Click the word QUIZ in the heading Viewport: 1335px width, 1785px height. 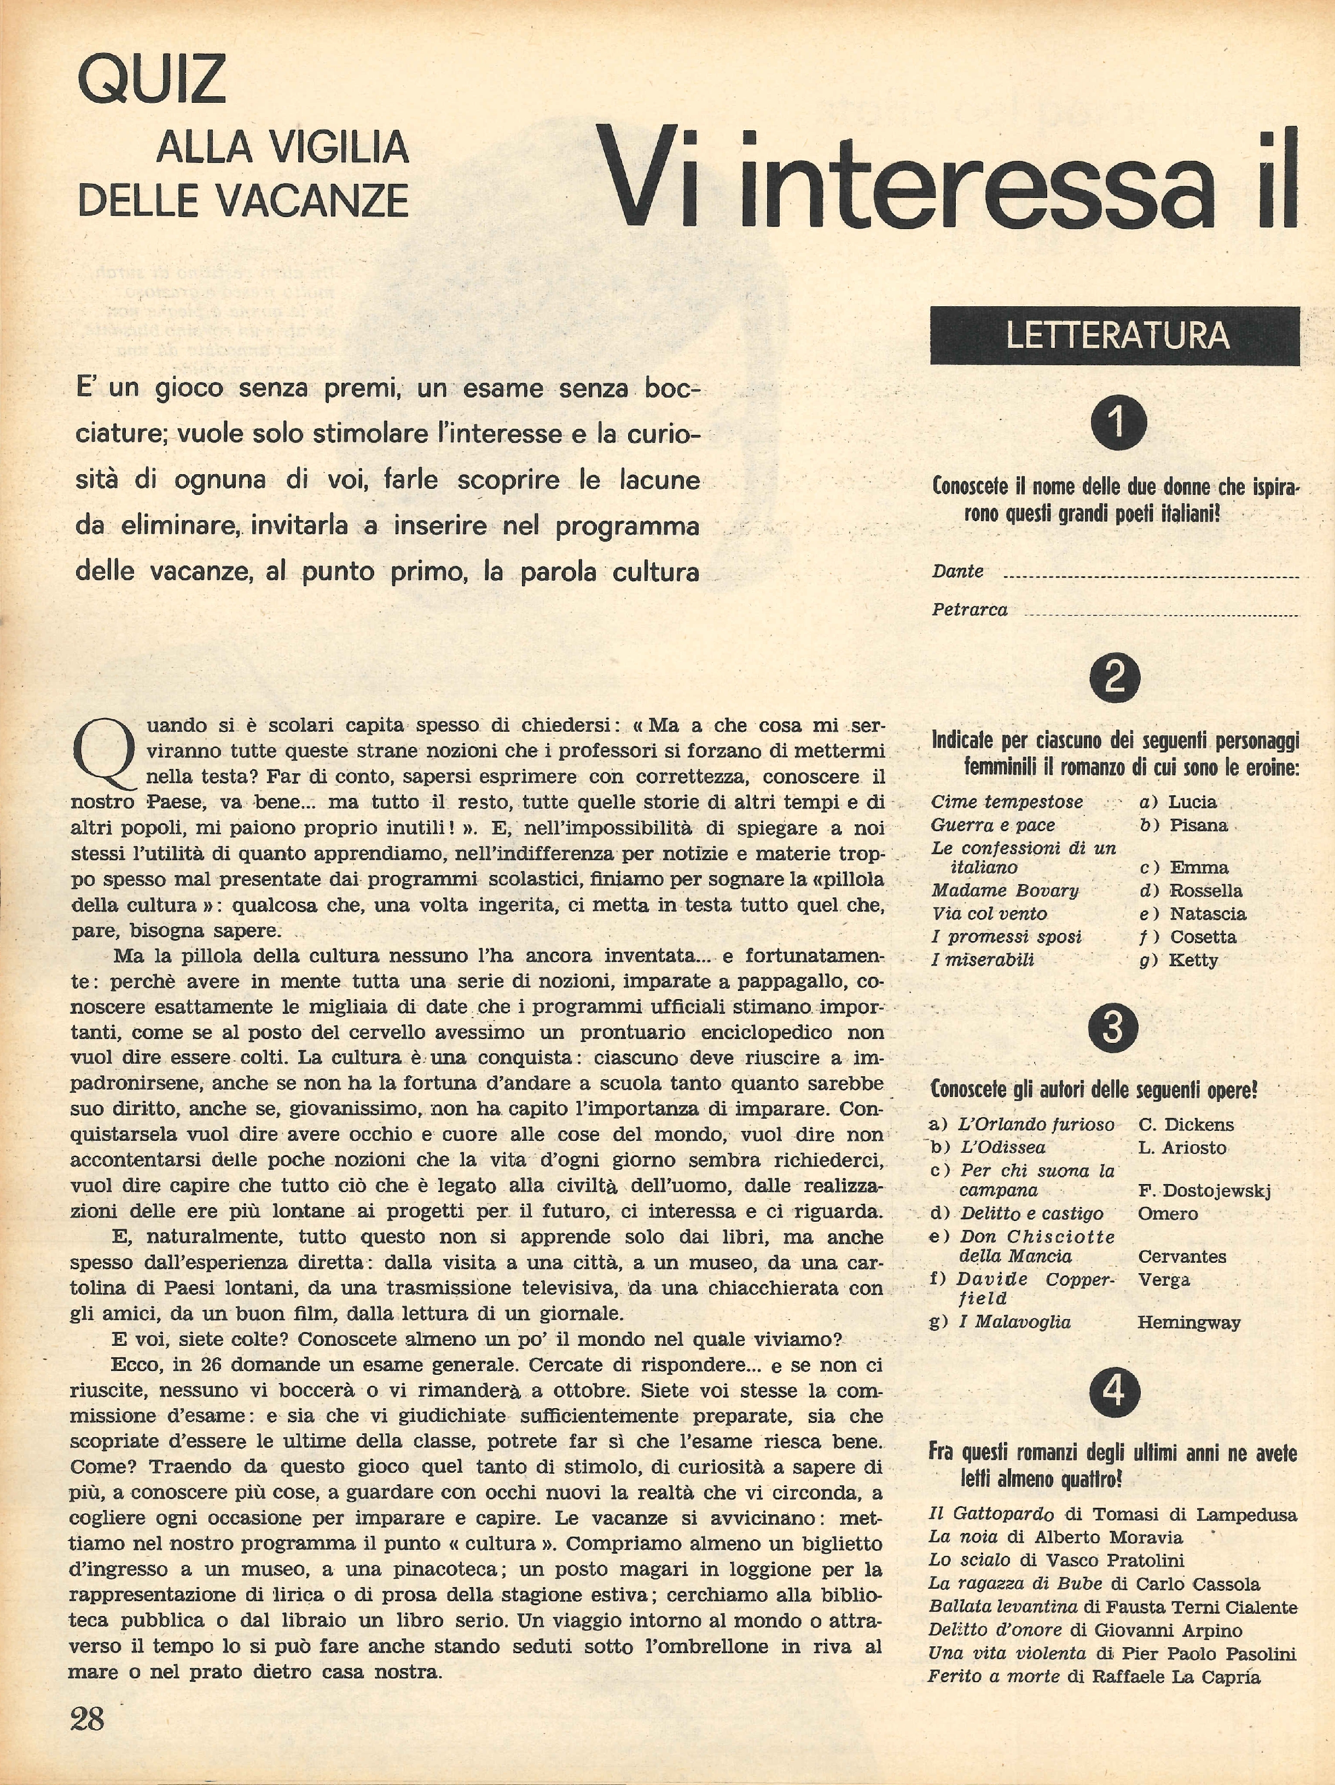(x=152, y=79)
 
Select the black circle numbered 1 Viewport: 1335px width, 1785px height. (x=1118, y=423)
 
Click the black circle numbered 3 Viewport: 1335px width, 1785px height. (x=1113, y=1029)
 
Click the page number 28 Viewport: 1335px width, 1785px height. (x=87, y=1719)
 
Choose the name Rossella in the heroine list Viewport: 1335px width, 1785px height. (x=1206, y=891)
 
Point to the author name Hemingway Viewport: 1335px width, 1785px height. (x=1188, y=1322)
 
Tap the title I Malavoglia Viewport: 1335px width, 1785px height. (x=1014, y=1322)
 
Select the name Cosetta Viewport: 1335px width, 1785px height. (x=1203, y=937)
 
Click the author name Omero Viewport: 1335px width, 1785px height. (x=1168, y=1214)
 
